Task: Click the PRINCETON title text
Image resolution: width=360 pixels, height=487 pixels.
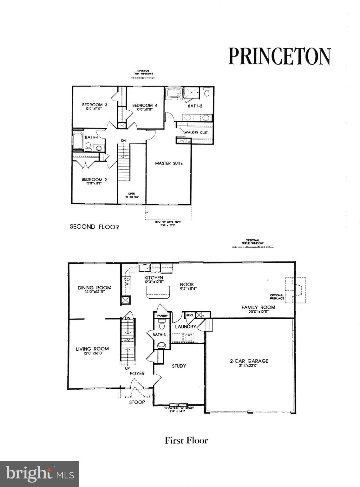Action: pos(279,56)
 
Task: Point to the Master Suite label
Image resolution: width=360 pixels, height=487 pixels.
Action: pos(169,163)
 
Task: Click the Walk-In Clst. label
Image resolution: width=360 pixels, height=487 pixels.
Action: pos(196,132)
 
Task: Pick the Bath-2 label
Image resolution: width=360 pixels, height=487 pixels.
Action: pos(195,106)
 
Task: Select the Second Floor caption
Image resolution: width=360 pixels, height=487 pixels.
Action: pos(94,227)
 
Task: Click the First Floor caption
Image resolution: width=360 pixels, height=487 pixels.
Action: pos(186,440)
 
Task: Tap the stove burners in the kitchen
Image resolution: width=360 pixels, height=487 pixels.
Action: pos(126,281)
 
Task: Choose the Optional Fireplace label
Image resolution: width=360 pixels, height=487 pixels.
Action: pos(277,297)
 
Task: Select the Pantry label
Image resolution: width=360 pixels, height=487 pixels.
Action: pos(162,316)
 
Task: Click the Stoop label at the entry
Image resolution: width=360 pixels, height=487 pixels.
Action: pos(137,402)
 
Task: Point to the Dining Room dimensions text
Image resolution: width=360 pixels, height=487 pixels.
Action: pos(94,292)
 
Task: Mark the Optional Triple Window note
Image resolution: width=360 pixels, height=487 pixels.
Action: pos(252,242)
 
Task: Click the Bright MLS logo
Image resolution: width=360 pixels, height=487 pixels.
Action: pos(40,474)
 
